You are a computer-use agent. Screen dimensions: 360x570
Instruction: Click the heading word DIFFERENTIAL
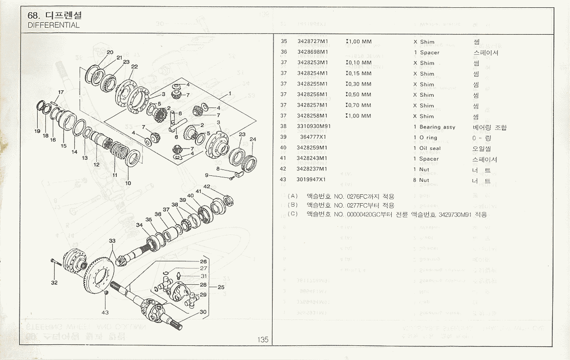tap(54, 25)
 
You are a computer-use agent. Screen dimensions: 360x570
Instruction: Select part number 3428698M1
tap(313, 52)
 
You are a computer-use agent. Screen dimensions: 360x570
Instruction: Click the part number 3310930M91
tap(314, 127)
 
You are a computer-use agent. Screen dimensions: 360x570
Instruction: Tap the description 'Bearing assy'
tap(437, 127)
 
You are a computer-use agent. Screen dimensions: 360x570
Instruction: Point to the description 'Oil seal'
tap(430, 148)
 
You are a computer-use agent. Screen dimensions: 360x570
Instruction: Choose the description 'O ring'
tap(428, 138)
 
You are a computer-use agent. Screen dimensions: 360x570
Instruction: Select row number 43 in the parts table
tap(283, 180)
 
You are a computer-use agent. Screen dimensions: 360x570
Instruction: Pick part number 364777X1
tap(313, 138)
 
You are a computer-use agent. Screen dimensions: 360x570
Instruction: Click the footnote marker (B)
tap(293, 205)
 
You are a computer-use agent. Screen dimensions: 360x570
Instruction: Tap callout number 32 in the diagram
tap(54, 282)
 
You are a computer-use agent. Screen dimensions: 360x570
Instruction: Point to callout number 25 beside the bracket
tap(221, 287)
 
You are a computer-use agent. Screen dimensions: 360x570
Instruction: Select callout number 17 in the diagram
tap(61, 92)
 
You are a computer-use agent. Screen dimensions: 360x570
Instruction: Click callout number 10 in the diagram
tap(128, 183)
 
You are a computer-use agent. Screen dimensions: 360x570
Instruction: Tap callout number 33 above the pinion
tap(112, 241)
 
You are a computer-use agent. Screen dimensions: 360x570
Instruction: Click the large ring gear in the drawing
tap(100, 276)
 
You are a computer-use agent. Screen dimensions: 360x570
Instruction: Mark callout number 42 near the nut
tap(207, 187)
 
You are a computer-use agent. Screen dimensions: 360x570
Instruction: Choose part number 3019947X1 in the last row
tap(312, 180)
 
